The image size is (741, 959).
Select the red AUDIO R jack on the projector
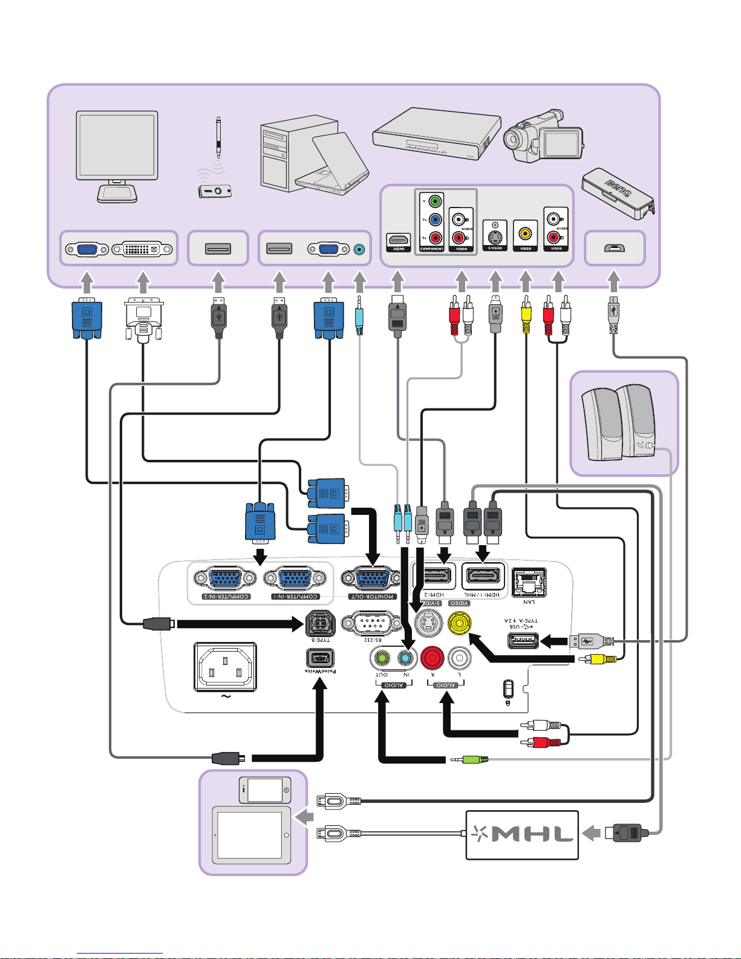pyautogui.click(x=432, y=658)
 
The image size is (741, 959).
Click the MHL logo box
pyautogui.click(x=522, y=835)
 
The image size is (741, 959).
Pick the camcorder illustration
pyautogui.click(x=543, y=137)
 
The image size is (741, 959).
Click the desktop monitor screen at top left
pyautogui.click(x=117, y=145)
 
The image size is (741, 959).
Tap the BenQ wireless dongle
pyautogui.click(x=617, y=193)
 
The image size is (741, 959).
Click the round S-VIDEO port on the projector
pyautogui.click(x=428, y=624)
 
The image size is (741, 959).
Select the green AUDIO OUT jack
pyautogui.click(x=382, y=658)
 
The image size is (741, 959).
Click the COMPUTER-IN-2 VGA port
pyautogui.click(x=225, y=579)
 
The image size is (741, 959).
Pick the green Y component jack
pyautogui.click(x=435, y=201)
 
